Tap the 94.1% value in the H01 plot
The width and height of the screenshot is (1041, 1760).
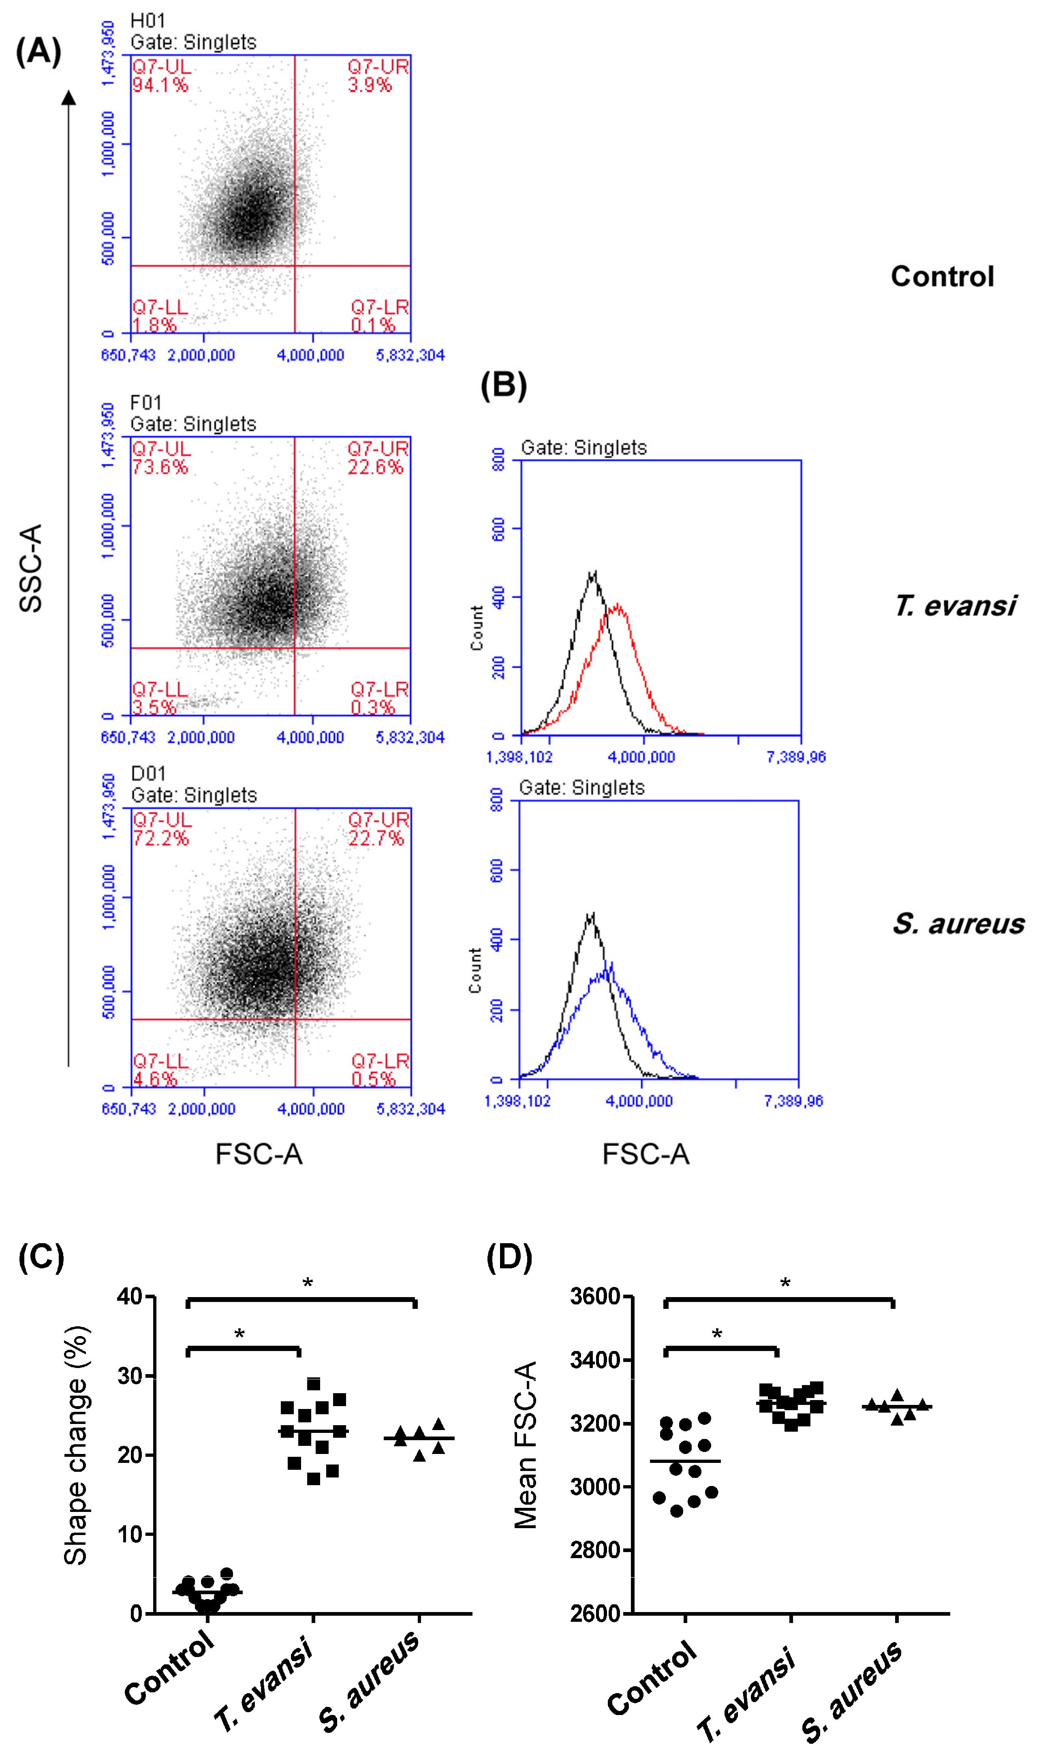coord(160,86)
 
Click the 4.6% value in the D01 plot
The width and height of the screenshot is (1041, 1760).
coord(155,1079)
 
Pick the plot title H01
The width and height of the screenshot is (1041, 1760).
coord(147,21)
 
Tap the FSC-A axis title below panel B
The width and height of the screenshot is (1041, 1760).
coord(646,1154)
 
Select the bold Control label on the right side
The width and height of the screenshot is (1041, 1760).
coord(942,276)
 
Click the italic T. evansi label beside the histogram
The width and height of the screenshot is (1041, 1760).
coord(955,605)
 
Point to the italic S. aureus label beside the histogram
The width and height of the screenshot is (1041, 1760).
coord(958,924)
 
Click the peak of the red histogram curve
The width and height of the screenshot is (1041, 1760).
coord(617,605)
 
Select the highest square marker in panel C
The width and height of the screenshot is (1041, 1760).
coord(314,1384)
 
